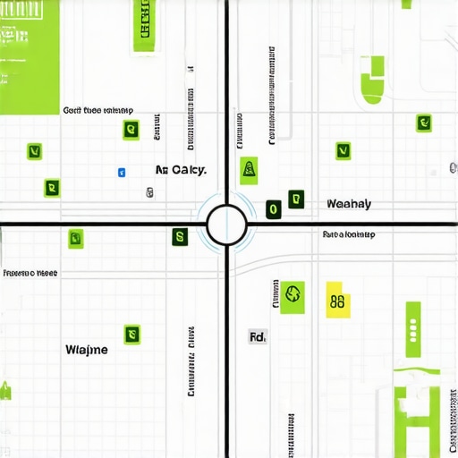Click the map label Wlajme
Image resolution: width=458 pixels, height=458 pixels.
[x=87, y=350]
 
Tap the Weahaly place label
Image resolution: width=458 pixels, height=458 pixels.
[x=349, y=204]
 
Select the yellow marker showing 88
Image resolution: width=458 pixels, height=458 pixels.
[x=337, y=301]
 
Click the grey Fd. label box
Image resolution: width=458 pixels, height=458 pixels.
[x=258, y=337]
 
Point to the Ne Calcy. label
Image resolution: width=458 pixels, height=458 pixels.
[x=181, y=170]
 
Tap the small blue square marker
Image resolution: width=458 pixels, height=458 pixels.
[x=122, y=170]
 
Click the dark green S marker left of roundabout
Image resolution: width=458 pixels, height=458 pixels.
[x=179, y=237]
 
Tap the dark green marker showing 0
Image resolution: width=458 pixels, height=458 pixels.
[x=273, y=210]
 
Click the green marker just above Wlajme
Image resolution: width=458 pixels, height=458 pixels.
[x=132, y=334]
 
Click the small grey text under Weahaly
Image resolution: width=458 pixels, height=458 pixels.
[x=349, y=234]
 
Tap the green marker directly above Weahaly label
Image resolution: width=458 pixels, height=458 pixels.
[x=342, y=150]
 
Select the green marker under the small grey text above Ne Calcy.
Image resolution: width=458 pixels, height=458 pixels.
[x=131, y=130]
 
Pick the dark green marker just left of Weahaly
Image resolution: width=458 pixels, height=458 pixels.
[x=294, y=199]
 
